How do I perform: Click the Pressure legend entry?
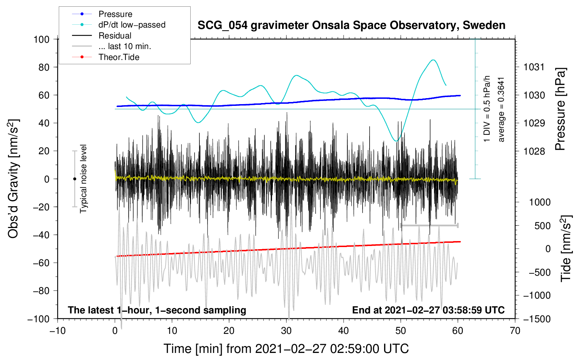point(115,14)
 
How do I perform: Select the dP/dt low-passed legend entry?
point(132,25)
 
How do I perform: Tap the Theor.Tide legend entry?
point(119,57)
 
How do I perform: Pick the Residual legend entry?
point(115,36)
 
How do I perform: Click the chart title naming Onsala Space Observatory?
point(351,25)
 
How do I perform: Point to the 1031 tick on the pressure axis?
point(534,67)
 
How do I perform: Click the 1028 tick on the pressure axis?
point(534,151)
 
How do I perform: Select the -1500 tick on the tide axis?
point(537,319)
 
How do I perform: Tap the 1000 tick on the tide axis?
point(539,202)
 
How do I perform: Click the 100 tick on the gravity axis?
point(41,39)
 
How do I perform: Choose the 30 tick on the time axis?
point(286,331)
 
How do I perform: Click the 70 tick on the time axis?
point(515,331)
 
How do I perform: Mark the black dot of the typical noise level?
point(74,179)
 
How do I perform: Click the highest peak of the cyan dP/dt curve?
point(433,60)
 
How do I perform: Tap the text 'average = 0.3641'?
point(501,109)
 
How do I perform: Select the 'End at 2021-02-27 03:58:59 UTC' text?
point(428,310)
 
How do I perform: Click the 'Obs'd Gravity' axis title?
point(13,179)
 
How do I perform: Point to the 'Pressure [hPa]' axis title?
point(560,109)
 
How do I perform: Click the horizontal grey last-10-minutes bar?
point(429,225)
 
